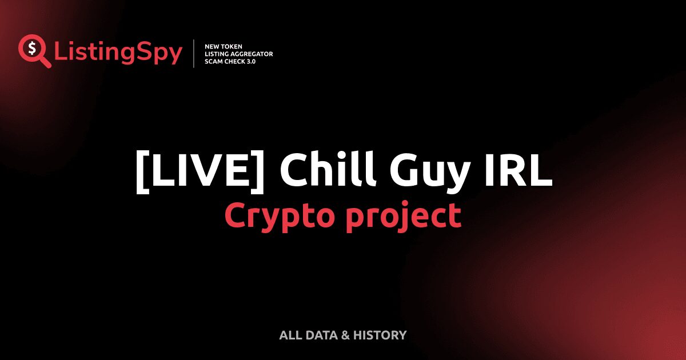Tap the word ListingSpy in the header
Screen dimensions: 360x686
tap(118, 53)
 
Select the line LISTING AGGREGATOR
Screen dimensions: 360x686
tap(238, 54)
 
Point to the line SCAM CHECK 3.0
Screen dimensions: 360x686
tap(230, 61)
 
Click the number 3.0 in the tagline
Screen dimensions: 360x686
tap(250, 61)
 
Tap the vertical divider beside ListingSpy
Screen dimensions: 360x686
tap(194, 54)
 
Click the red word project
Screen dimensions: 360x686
tap(402, 217)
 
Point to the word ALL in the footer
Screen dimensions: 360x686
tap(290, 335)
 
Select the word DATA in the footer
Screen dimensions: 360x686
tap(320, 335)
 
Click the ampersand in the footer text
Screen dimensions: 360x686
tap(345, 335)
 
